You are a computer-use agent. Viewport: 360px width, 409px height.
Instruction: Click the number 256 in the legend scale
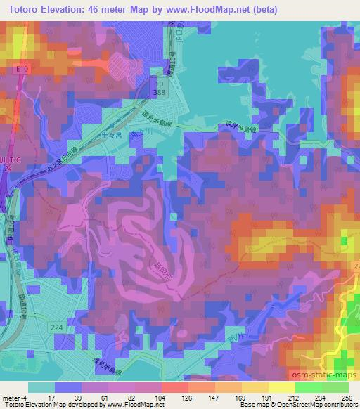coord(347,398)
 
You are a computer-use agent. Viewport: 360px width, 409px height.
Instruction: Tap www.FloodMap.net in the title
coord(202,9)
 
